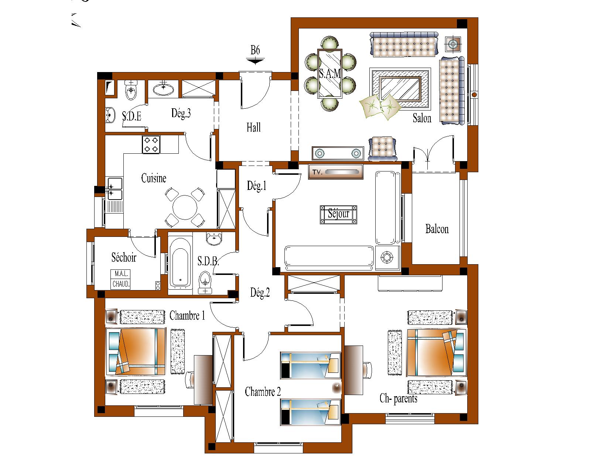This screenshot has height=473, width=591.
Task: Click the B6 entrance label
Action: [x=255, y=50]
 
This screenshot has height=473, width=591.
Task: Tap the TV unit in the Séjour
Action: [x=336, y=172]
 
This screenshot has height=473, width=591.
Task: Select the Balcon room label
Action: [x=437, y=229]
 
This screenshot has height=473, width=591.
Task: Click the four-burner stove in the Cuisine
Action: [x=151, y=144]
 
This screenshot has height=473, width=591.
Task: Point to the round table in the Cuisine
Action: [x=185, y=207]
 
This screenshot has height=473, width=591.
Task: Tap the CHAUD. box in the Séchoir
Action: [x=120, y=284]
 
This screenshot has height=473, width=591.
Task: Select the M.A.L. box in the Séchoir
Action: [x=120, y=274]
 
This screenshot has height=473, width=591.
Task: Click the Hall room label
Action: [x=253, y=127]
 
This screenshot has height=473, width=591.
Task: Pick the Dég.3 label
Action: [x=181, y=113]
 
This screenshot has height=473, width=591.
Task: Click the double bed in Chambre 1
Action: [x=136, y=352]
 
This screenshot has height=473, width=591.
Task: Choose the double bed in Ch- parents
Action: [x=436, y=353]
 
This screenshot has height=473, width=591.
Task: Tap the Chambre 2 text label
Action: [x=263, y=392]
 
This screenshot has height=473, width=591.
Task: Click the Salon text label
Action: [x=422, y=118]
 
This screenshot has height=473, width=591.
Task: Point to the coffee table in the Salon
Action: [x=400, y=88]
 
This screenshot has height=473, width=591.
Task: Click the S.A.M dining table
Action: [x=329, y=74]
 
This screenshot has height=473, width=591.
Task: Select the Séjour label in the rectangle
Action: [x=338, y=213]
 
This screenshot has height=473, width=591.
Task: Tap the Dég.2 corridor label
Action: [x=260, y=292]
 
